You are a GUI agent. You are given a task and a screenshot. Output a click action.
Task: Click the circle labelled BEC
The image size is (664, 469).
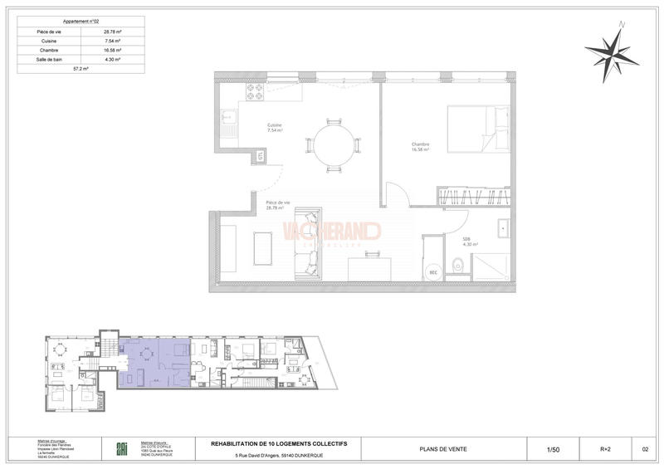432,271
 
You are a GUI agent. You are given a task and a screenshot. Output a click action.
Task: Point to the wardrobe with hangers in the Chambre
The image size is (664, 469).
471,197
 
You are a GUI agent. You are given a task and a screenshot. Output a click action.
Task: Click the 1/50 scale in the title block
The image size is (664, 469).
552,449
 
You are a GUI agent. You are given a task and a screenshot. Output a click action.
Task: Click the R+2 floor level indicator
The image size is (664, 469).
607,449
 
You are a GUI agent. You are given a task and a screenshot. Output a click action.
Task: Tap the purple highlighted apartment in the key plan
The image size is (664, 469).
154,365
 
